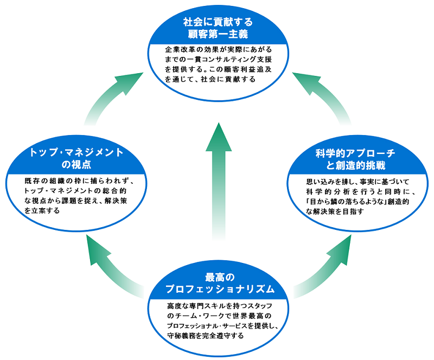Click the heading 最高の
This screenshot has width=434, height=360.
(218, 277)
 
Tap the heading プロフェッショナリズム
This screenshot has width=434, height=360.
(218, 288)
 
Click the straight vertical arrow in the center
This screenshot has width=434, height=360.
(218, 179)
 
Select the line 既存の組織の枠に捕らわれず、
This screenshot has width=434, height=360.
(75, 181)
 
